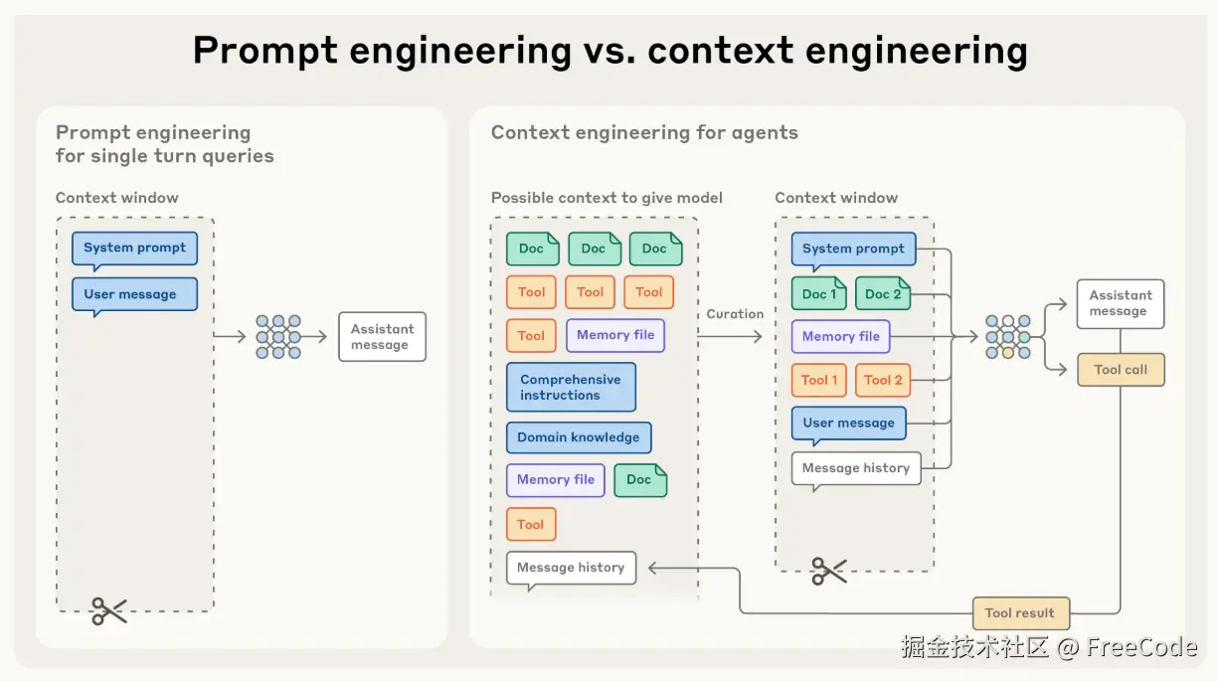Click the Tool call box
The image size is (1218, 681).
(1121, 370)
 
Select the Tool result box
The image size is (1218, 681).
(1020, 613)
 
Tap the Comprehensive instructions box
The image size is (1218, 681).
(571, 387)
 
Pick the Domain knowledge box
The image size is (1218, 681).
(579, 437)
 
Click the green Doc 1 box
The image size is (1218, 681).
(819, 293)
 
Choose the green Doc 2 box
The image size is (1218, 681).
(883, 293)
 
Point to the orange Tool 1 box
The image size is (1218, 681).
(819, 380)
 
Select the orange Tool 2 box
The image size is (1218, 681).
(883, 380)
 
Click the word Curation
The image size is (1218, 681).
(735, 314)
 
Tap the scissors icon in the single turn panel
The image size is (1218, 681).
(109, 610)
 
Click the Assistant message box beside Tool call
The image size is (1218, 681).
(1120, 303)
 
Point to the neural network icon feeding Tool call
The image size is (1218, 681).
(1007, 337)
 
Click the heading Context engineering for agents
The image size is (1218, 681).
(644, 133)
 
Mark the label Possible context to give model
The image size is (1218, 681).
(607, 198)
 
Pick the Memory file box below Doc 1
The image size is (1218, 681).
(840, 337)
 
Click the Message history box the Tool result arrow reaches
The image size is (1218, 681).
(571, 568)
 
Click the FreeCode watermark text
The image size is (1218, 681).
(1141, 648)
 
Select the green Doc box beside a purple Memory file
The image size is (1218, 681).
(639, 479)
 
